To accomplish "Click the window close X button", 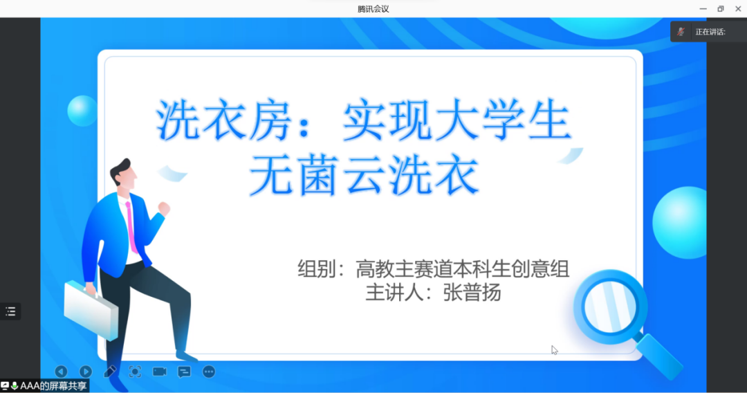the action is (x=738, y=8).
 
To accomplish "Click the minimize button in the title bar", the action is (x=703, y=8).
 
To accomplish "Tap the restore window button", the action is (x=720, y=8).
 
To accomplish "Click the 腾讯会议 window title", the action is (x=373, y=8).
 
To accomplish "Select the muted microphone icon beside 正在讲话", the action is (x=681, y=32).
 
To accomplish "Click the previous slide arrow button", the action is (x=61, y=372).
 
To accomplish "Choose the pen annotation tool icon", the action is (x=110, y=372).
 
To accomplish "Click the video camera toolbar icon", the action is (x=160, y=372).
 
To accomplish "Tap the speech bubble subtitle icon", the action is (x=184, y=372).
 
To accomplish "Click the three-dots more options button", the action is (x=209, y=372).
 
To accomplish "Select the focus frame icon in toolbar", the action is (x=135, y=372).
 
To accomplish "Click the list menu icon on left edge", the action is (x=10, y=311).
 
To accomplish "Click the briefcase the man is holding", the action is (x=91, y=310).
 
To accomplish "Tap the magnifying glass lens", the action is (x=610, y=307).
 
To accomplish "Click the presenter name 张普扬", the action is (x=472, y=293).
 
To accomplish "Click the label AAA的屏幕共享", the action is (x=53, y=386).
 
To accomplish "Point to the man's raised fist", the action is (x=164, y=208).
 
